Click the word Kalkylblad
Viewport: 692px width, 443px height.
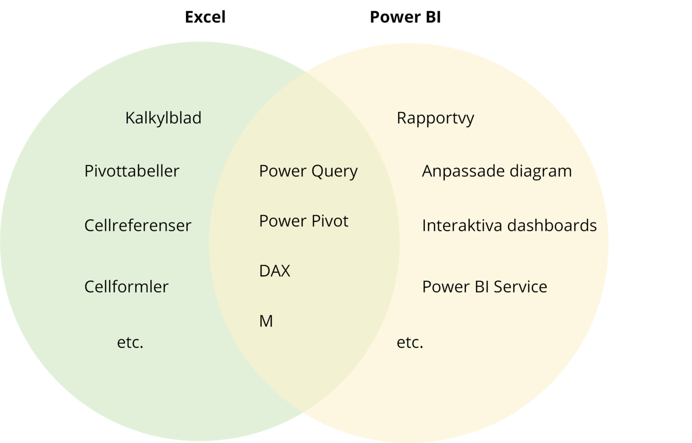[x=163, y=118]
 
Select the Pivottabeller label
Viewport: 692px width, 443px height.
[x=132, y=171]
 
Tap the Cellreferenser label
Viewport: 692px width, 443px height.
[x=137, y=226]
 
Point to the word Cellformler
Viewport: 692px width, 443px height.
[x=126, y=287]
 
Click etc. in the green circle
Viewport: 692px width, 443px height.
[x=130, y=343]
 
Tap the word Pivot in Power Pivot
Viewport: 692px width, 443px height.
[x=332, y=221]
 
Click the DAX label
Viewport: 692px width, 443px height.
[x=274, y=271]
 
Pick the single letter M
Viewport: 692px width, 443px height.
[x=266, y=321]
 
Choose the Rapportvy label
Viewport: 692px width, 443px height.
[x=435, y=118]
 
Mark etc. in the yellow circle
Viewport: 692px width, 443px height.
[x=410, y=343]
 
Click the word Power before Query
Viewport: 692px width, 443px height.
[x=282, y=171]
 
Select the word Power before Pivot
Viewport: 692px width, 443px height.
[x=282, y=221]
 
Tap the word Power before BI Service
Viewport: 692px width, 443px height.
[x=445, y=287]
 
